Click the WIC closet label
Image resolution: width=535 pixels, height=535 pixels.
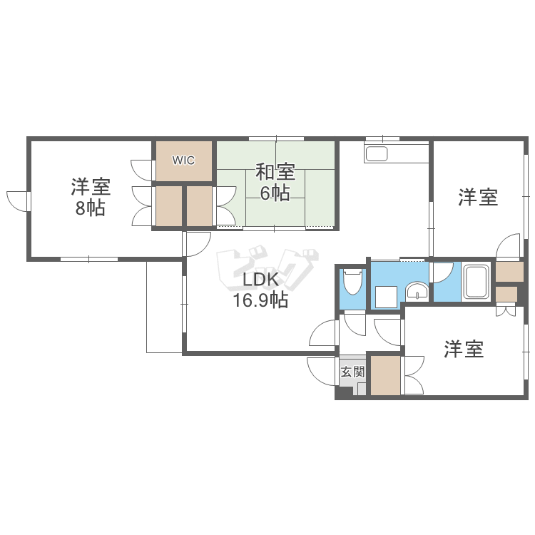183,160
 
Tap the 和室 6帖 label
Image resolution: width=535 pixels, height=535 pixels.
275,182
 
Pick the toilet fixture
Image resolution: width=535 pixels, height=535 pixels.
352,282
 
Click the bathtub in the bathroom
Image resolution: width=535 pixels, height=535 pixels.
476,282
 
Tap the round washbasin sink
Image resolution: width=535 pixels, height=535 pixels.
417,290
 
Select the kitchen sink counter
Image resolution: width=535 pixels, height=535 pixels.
376,153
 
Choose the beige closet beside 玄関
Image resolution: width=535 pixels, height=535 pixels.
385,375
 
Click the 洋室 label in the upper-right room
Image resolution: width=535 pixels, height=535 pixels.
477,197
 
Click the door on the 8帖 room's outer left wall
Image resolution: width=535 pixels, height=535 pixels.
16,200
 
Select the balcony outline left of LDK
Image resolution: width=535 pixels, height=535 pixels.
164,307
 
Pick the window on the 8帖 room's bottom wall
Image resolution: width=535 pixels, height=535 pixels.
88,258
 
